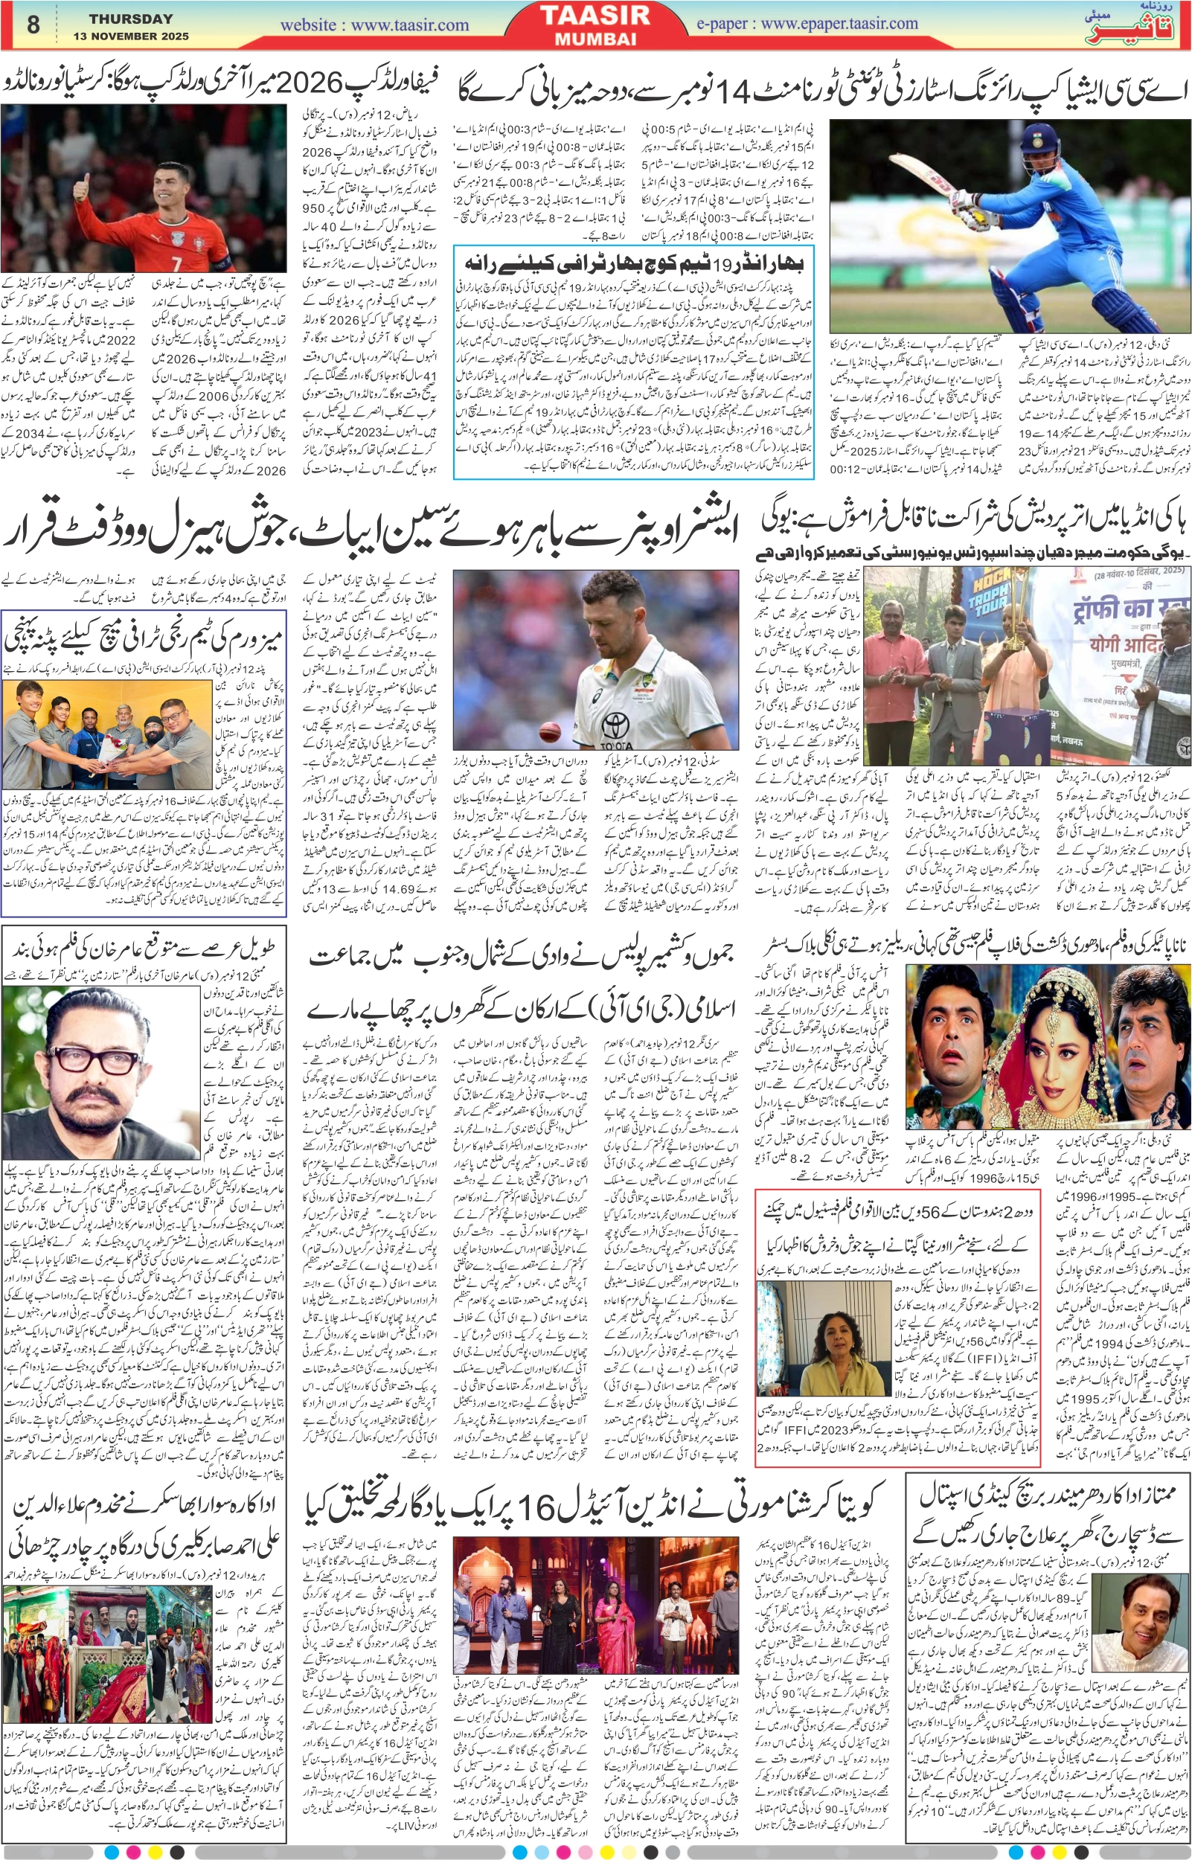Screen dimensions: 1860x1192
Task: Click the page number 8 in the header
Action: tap(33, 24)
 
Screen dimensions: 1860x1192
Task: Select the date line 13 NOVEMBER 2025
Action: tap(131, 36)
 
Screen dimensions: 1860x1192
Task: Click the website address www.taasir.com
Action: tap(374, 25)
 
